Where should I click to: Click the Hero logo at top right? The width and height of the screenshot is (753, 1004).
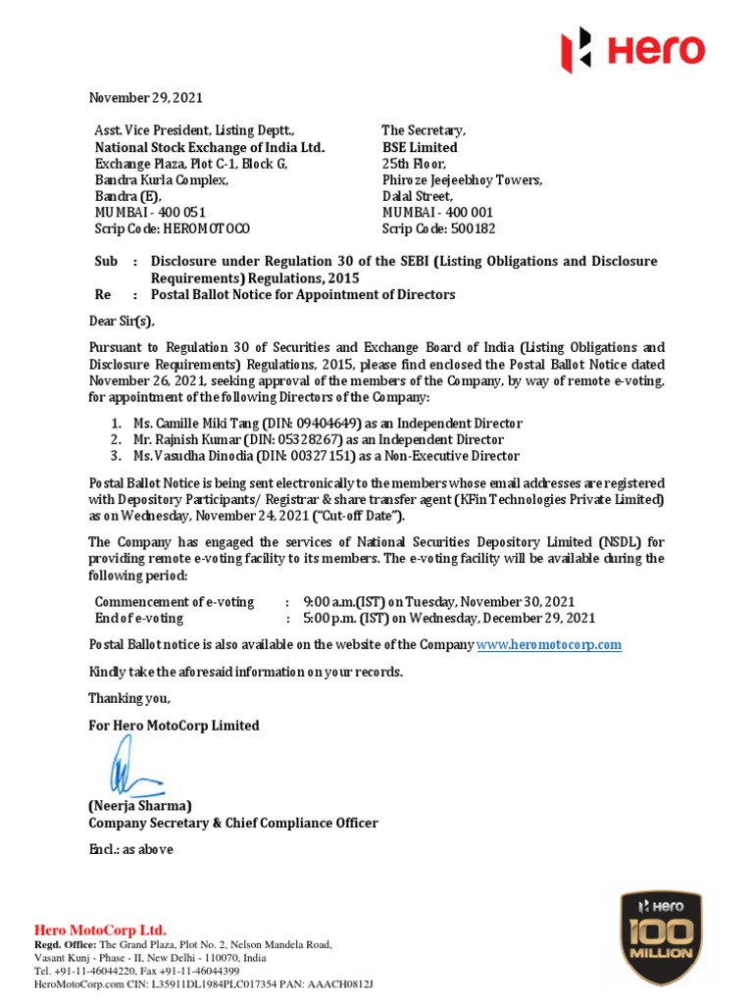[x=631, y=50]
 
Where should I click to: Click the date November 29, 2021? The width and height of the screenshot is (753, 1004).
[x=146, y=98]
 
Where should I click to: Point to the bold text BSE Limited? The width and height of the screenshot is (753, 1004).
[x=420, y=147]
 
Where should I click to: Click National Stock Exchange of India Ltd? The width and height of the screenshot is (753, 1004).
[x=209, y=147]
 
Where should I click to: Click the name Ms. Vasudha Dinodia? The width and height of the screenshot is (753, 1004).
[x=193, y=456]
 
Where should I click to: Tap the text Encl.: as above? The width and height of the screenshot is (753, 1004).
[x=130, y=849]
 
